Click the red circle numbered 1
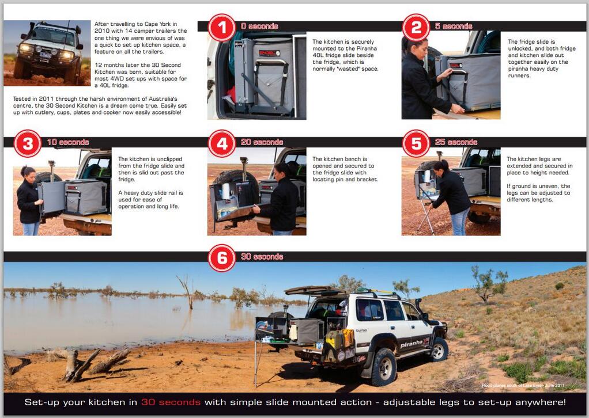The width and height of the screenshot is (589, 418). pyautogui.click(x=222, y=28)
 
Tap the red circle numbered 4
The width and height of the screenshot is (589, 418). pyautogui.click(x=222, y=143)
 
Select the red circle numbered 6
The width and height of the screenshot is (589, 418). pyautogui.click(x=222, y=258)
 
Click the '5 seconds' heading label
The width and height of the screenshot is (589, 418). pyautogui.click(x=454, y=26)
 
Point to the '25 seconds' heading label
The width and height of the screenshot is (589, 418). pyautogui.click(x=456, y=142)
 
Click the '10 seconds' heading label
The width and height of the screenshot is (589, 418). pyautogui.click(x=68, y=142)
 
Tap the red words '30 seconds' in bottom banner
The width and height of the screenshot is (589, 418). pyautogui.click(x=171, y=402)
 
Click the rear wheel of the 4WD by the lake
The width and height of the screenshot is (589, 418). pyautogui.click(x=383, y=367)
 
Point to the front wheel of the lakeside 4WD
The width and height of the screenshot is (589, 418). pyautogui.click(x=439, y=349)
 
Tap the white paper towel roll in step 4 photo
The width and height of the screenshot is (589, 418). pyautogui.click(x=225, y=191)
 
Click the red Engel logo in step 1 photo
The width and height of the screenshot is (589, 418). pyautogui.click(x=269, y=53)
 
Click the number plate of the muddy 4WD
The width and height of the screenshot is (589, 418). pyautogui.click(x=46, y=55)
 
